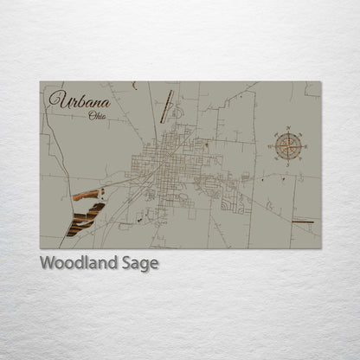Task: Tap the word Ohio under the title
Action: click(98, 116)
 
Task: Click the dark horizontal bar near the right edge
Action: click(303, 222)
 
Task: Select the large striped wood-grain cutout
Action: click(84, 219)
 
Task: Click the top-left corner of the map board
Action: click(40, 82)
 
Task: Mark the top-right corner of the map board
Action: click(320, 82)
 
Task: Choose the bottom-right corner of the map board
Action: click(320, 248)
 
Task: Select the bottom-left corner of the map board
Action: click(40, 248)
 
